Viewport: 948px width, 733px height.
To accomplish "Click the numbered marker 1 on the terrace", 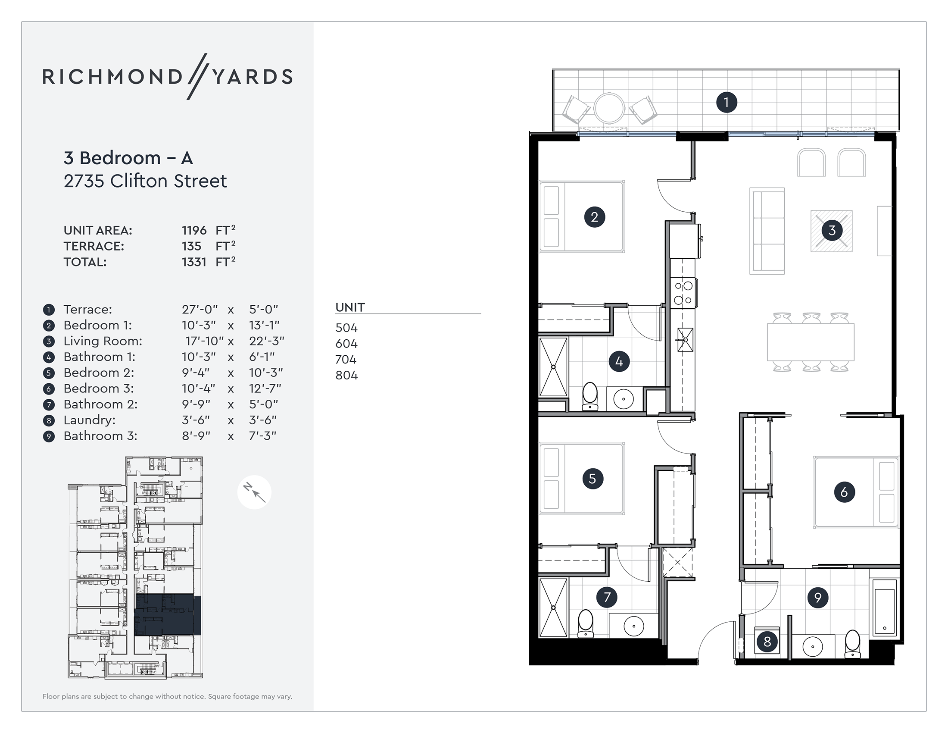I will (x=726, y=103).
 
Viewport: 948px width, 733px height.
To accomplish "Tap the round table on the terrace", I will (x=609, y=108).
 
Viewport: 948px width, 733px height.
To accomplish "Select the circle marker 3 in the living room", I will (x=831, y=230).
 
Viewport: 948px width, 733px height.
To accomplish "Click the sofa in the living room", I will (x=767, y=231).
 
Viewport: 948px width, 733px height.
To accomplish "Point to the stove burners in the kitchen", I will (x=683, y=293).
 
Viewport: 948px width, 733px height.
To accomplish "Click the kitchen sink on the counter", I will (x=685, y=340).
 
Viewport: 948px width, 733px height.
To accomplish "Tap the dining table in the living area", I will (x=811, y=342).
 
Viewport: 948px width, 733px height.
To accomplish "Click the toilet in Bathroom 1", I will (x=590, y=396).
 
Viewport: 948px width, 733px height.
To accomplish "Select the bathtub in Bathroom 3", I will (x=885, y=610).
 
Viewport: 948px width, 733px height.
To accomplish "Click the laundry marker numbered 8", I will (x=767, y=642).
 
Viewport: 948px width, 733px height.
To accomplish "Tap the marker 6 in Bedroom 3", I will (x=844, y=492).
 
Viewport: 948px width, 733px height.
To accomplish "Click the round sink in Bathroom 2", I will (x=634, y=626).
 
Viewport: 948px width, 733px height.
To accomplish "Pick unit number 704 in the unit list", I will (x=346, y=360).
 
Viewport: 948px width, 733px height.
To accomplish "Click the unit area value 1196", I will (x=194, y=231).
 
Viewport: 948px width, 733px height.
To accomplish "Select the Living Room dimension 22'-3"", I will (x=266, y=341).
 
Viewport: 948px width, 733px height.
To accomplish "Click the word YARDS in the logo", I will (x=253, y=77).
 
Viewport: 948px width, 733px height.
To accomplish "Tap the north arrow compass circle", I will (x=254, y=492).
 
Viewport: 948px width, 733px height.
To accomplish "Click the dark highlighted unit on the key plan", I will (x=167, y=614).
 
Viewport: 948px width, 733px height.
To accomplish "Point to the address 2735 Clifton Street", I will (x=145, y=181).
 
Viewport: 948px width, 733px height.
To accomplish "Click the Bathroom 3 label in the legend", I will (x=100, y=436).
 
